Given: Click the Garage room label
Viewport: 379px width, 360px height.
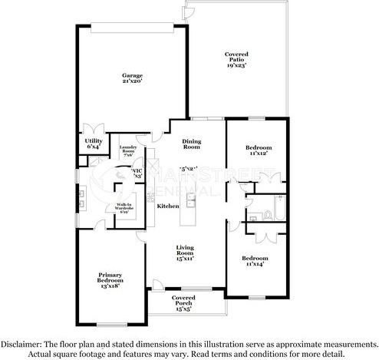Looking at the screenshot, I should [x=132, y=74].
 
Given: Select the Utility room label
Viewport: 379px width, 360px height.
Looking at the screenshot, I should [x=94, y=140].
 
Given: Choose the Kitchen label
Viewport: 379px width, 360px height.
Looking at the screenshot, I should [x=168, y=206].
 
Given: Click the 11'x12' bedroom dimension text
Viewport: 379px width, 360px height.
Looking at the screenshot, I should [x=257, y=154].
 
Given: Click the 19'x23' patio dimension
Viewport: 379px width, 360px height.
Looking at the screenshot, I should [x=236, y=64].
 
